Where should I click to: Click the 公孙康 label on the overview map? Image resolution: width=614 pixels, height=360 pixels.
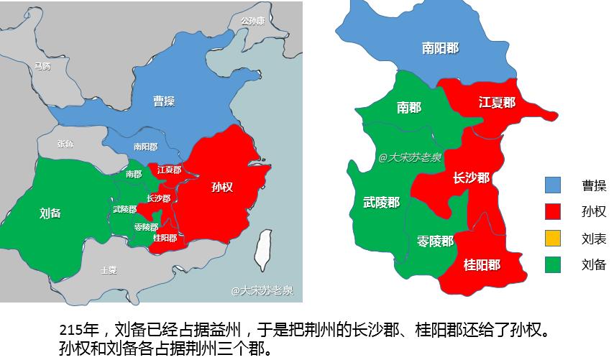click(x=252, y=21)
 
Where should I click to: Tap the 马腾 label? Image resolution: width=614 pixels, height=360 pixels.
click(x=42, y=66)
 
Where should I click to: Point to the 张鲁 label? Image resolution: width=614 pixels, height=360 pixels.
click(x=65, y=144)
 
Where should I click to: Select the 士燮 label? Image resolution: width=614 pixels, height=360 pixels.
click(x=109, y=270)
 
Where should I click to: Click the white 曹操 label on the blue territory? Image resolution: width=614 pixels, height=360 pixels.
click(x=164, y=101)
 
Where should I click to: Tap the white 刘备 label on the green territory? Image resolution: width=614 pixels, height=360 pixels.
click(x=50, y=213)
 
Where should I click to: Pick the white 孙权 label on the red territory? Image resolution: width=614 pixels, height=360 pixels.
click(x=222, y=187)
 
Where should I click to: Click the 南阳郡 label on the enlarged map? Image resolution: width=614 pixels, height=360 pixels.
click(x=440, y=48)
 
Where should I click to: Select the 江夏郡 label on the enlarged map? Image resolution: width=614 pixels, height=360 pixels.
click(x=497, y=103)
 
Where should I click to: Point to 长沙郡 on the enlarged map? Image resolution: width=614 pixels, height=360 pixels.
click(x=471, y=177)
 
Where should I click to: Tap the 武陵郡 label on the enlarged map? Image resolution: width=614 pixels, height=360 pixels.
click(x=381, y=203)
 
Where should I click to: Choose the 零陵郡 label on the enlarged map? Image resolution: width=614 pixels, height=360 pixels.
click(x=435, y=241)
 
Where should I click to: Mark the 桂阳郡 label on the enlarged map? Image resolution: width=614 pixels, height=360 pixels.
click(x=482, y=265)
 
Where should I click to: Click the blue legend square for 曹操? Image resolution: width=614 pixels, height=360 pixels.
click(x=552, y=185)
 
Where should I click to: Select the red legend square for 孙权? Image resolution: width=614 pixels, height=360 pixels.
click(x=552, y=212)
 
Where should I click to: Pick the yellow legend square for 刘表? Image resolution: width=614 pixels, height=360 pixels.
click(x=552, y=239)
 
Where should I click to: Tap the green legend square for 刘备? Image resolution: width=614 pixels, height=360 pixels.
click(x=552, y=264)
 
